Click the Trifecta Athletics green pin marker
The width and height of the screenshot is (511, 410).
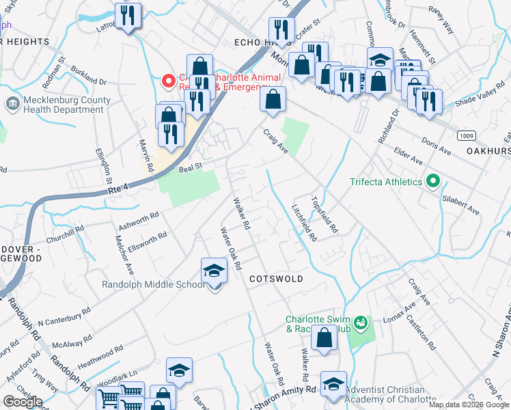click(432, 182)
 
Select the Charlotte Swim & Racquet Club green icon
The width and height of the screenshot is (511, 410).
click(361, 322)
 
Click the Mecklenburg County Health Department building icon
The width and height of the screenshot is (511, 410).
click(12, 105)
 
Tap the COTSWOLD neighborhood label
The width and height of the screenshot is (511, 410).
click(275, 279)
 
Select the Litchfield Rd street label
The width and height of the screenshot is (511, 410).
click(304, 223)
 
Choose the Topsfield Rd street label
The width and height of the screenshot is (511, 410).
click(324, 215)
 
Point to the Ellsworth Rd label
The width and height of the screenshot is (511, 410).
click(147, 241)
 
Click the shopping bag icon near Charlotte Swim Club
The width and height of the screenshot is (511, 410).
click(325, 338)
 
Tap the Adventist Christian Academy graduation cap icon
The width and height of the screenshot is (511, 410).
click(333, 384)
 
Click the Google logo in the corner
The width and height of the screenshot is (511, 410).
click(23, 401)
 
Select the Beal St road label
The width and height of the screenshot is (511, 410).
click(191, 167)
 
